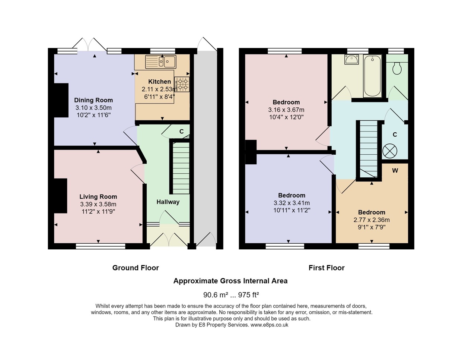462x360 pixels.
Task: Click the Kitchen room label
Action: (x=159, y=82)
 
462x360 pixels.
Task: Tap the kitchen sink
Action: (x=161, y=62)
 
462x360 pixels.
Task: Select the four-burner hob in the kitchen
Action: (x=182, y=84)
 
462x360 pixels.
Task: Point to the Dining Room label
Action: (x=93, y=100)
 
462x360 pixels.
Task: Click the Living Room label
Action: (x=98, y=197)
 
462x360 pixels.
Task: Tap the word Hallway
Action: (x=168, y=202)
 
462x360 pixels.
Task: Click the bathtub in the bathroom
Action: (x=373, y=76)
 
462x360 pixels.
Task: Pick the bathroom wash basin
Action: (x=352, y=60)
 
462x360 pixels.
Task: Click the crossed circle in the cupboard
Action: (x=390, y=151)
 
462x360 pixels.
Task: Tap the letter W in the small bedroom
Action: (x=395, y=170)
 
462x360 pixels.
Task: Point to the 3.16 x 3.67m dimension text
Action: (x=286, y=110)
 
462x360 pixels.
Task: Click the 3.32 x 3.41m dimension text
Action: (x=292, y=203)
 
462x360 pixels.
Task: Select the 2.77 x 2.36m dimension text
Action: (x=372, y=220)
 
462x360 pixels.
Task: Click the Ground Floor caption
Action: (x=136, y=268)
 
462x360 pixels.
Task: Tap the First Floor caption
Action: (x=326, y=268)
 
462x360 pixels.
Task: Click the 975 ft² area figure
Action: (x=248, y=295)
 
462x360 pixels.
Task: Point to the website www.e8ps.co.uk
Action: (x=269, y=325)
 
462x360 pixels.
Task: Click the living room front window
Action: (x=101, y=246)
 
